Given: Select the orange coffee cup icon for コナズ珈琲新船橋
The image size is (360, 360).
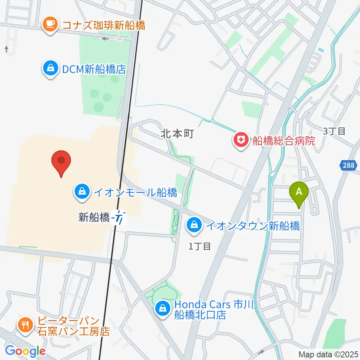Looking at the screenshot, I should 50,25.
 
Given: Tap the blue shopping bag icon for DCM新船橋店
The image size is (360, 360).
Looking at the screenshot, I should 50,68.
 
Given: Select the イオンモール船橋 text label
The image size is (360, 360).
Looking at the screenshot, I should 135,193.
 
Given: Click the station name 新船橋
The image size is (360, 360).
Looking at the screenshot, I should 94,217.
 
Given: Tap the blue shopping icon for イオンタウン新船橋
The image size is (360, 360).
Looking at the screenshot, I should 194,226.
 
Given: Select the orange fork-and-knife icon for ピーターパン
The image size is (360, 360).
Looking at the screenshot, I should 26,325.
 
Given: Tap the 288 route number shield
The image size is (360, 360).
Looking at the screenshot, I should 348,165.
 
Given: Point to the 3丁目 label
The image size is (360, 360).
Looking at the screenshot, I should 334,131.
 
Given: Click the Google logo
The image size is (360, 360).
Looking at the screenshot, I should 25,351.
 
